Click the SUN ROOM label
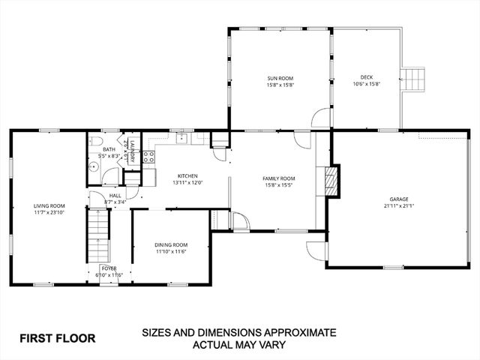tap(280, 78)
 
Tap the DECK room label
tap(366, 77)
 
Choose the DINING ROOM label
tap(171, 244)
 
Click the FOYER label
tap(109, 268)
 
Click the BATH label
tap(109, 149)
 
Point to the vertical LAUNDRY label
tap(131, 151)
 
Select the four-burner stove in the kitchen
tap(148, 157)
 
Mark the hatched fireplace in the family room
tap(331, 179)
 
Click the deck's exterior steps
tap(412, 77)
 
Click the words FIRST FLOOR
tap(57, 337)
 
